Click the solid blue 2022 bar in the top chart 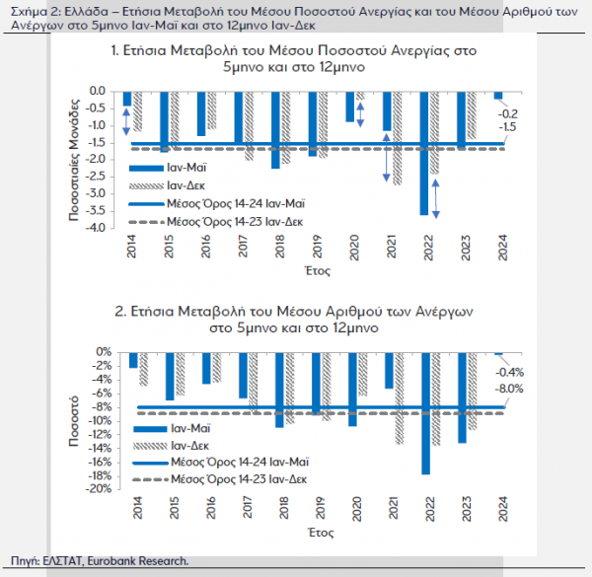424,153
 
